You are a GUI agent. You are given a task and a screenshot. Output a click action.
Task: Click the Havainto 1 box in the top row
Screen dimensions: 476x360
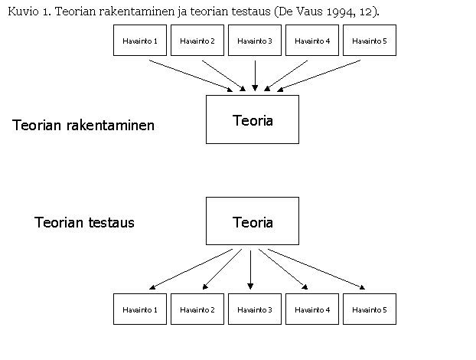[x=140, y=41]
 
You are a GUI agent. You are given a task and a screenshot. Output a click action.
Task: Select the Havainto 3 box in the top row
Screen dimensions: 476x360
[x=255, y=41]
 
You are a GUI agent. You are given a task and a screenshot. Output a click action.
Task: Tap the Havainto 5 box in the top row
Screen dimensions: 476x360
[x=370, y=41]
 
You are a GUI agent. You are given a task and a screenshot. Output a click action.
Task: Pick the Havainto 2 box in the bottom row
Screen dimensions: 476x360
[x=197, y=309]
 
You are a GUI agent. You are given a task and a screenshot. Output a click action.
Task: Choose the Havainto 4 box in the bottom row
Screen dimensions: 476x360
[x=312, y=309]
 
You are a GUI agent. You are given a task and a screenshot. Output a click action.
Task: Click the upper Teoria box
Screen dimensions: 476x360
[x=253, y=119]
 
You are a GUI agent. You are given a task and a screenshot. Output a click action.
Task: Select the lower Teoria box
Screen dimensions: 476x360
[x=253, y=221]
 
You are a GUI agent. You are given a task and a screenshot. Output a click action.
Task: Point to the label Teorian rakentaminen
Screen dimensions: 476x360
[x=83, y=125]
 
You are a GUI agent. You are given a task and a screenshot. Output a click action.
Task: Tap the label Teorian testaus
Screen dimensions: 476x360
[x=84, y=222]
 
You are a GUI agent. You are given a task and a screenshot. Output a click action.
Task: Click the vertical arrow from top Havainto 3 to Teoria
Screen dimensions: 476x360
[x=255, y=76]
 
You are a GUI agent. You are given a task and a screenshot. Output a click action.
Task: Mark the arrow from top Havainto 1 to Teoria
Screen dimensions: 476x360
[x=191, y=76]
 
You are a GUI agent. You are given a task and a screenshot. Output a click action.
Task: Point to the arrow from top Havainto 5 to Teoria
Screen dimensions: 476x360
[x=319, y=76]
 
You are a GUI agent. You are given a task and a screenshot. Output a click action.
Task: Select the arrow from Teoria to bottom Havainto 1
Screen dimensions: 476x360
[x=191, y=269]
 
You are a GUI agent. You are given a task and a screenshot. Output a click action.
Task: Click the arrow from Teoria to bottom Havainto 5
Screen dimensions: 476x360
[x=316, y=269]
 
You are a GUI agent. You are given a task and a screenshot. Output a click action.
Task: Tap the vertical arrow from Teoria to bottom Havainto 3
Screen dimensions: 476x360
[x=250, y=270]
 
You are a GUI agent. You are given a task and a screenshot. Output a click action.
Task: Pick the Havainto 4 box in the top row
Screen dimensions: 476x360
[x=312, y=41]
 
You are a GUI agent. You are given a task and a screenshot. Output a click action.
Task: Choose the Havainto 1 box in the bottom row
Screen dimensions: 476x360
[x=140, y=309]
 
